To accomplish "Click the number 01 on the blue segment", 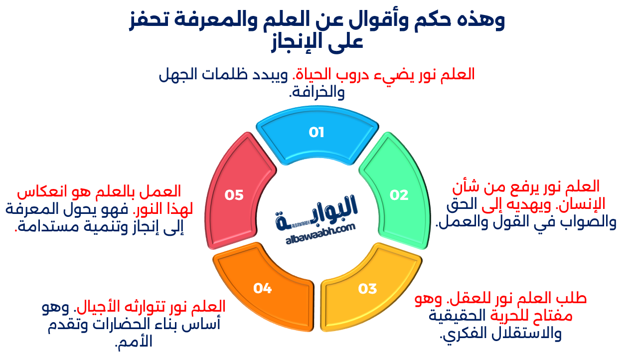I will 317,133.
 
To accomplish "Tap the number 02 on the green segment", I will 399,195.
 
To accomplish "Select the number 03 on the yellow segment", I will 367,289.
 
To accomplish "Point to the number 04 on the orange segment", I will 262,288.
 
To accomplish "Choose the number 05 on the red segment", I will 234,195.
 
